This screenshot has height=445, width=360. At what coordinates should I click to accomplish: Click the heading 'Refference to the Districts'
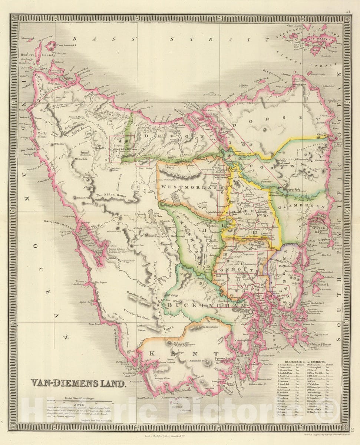(x=305, y=361)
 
